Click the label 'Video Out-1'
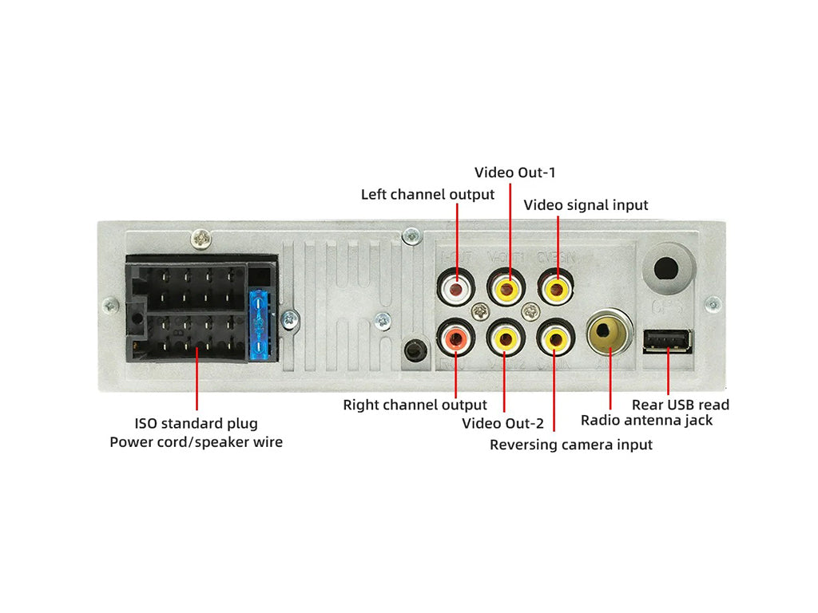pos(514,172)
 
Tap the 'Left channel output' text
pos(427,194)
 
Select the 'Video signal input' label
pos(586,205)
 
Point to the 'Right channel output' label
pos(415,405)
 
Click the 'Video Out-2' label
pos(502,423)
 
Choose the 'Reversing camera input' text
pos(570,445)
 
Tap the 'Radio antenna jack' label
pos(646,421)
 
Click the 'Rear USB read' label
pos(680,405)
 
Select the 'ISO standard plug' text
pos(196,424)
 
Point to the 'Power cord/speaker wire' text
pos(196,441)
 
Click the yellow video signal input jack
pos(555,286)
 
